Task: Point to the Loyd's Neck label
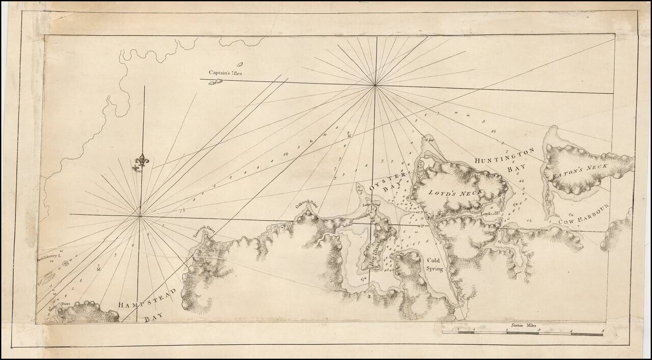(455, 192)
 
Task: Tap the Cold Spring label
(435, 264)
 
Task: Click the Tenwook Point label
(204, 232)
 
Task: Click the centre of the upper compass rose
(375, 86)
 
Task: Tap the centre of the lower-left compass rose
(140, 216)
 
